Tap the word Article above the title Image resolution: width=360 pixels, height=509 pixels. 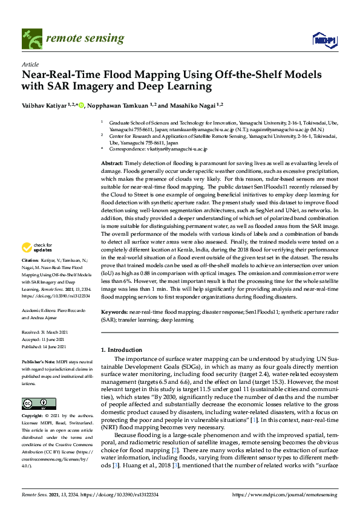pyautogui.click(x=30, y=63)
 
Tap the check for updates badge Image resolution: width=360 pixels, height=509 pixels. pyautogui.click(x=38, y=247)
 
